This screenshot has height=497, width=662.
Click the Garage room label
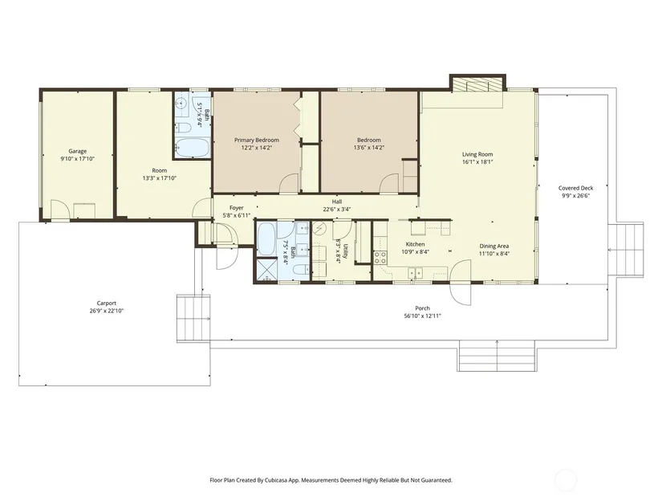coord(78,151)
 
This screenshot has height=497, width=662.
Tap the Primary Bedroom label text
coord(257,141)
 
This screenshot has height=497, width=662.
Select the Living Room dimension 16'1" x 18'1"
coord(477,162)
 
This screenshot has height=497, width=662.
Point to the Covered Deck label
coord(575,189)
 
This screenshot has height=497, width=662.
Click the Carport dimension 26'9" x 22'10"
coord(107,311)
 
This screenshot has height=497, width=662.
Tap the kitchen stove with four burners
coord(380,258)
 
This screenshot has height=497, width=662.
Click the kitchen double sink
coord(416,274)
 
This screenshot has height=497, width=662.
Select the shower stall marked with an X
coord(267,270)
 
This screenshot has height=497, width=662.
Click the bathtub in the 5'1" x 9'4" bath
coord(192,148)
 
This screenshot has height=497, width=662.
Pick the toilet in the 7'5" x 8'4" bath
coord(300,269)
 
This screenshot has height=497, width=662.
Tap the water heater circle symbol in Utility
coord(319,230)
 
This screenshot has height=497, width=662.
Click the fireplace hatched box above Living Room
coord(477,84)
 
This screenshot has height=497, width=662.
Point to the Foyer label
coord(237,208)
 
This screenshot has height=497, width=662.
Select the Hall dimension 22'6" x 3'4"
coord(337,210)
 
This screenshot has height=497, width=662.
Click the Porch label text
coord(423,308)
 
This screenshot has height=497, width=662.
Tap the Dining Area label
coord(494,246)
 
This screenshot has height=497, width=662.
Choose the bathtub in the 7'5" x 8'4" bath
coord(266,239)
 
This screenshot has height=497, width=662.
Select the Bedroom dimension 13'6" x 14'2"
coord(369,148)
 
